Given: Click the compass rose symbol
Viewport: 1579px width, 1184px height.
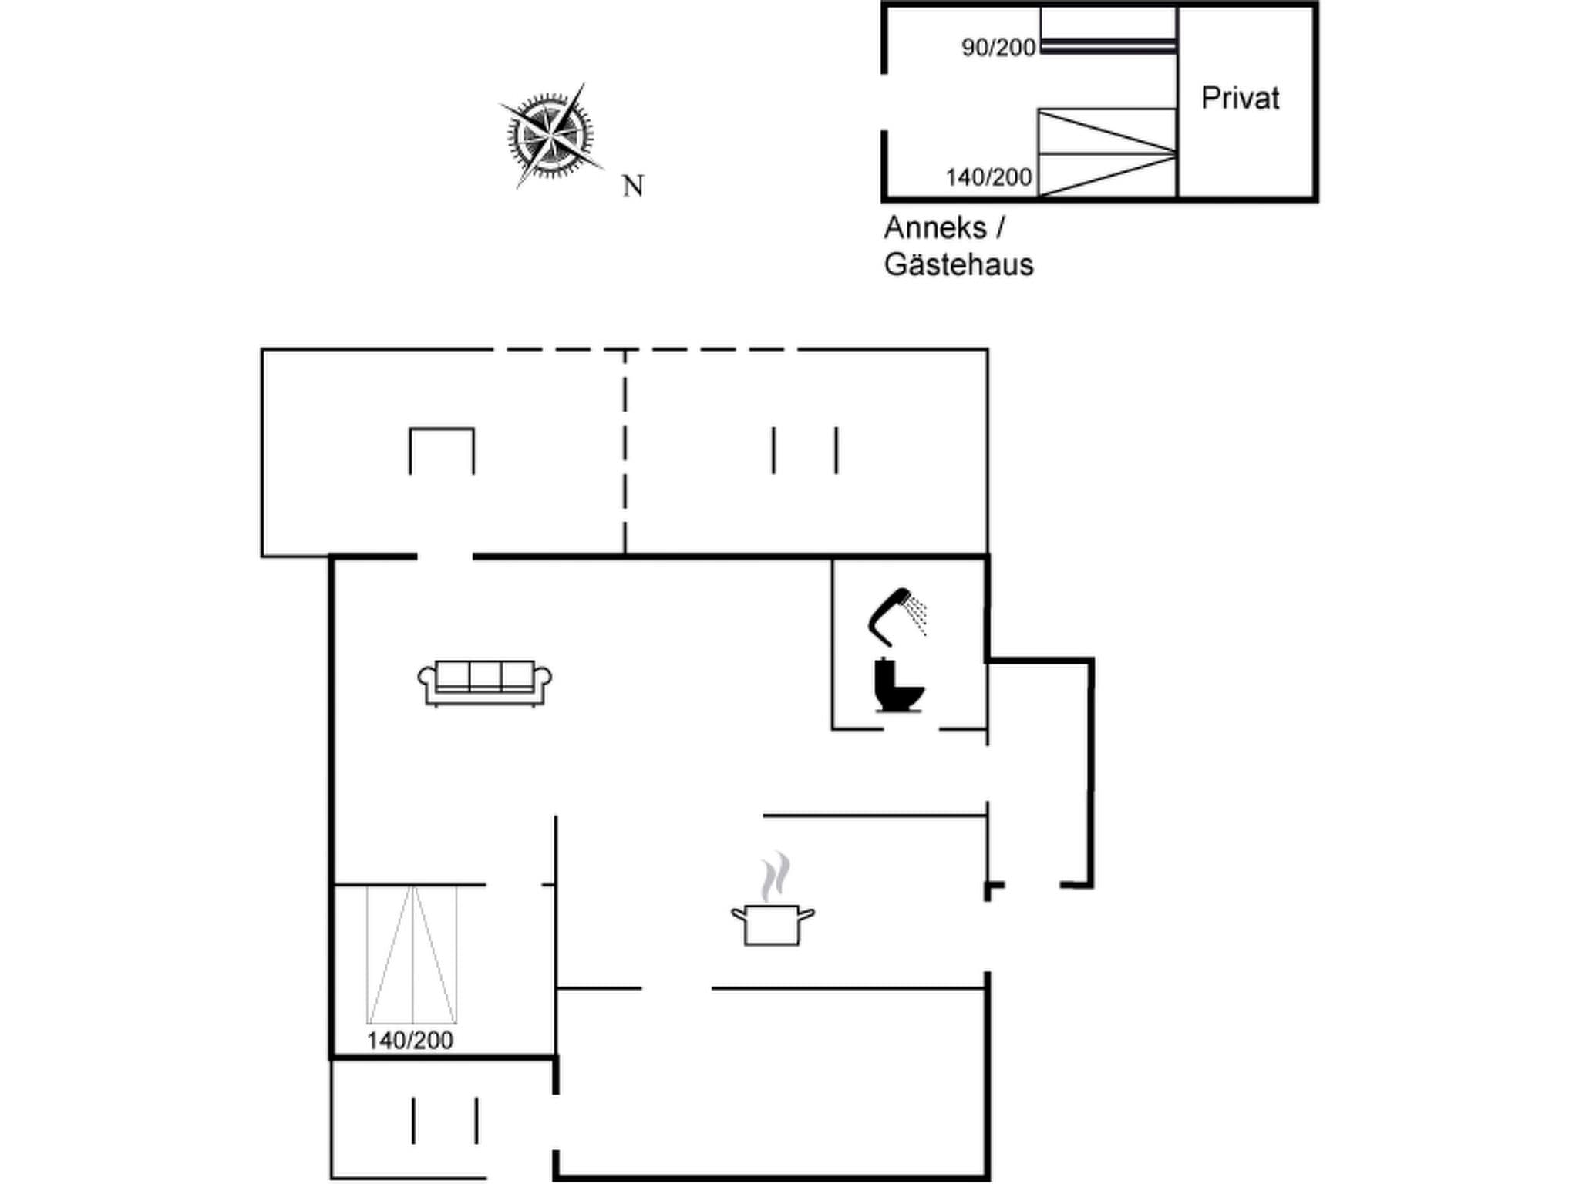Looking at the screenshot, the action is coord(549,136).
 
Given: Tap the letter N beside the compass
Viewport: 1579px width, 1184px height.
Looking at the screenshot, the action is coord(633,186).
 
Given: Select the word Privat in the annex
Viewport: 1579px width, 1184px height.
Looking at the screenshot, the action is coord(1240,99).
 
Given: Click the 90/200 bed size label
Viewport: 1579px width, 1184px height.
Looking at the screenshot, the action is coord(998,48).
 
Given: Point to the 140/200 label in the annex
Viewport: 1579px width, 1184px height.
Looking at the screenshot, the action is coord(988,177).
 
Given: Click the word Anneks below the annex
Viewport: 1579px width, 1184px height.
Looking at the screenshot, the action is coord(935,228).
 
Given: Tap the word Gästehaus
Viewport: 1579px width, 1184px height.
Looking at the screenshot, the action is coord(958,265).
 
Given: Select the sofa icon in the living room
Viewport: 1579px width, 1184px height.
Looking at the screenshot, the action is coord(484,683).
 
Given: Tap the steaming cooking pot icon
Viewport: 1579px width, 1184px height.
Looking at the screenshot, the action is coord(773,923).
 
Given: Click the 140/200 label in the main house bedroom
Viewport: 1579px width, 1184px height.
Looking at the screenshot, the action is coord(409,1041).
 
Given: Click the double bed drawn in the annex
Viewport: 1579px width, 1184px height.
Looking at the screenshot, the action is coord(1106,153).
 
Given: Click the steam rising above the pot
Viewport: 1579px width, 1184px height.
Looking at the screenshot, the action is coord(776,876).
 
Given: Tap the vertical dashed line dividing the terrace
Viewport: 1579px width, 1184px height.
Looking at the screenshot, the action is coord(625,451).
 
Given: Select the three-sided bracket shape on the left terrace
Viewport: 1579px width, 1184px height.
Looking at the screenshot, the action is coord(442,449).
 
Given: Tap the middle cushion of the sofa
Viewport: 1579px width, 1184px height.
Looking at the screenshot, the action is coord(485,676).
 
